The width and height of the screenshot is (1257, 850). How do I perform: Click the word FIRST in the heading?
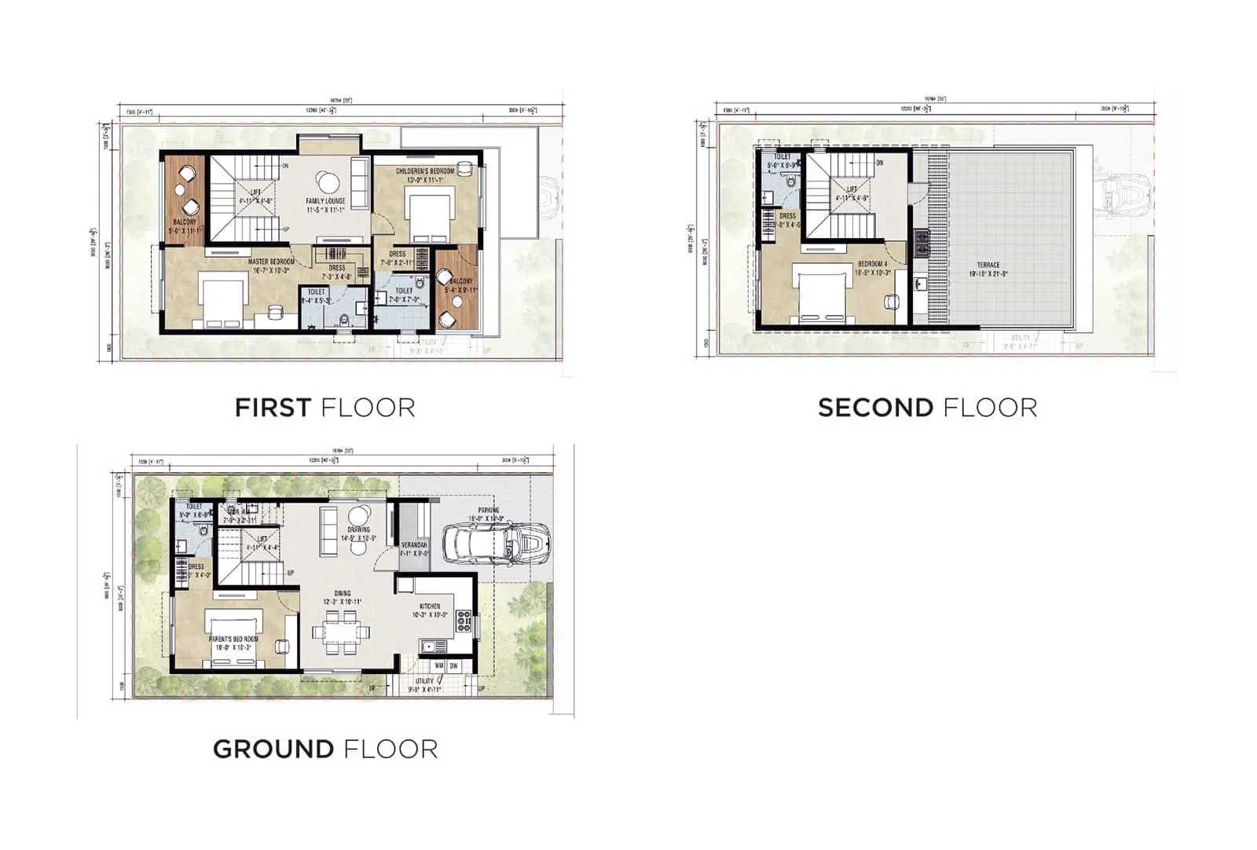pos(272,408)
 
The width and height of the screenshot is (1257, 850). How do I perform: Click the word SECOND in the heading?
pos(875,408)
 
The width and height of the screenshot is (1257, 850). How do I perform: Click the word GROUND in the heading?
pos(273,749)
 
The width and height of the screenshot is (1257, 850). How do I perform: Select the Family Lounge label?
pos(325,205)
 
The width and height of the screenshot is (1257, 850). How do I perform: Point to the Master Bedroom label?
pos(271,266)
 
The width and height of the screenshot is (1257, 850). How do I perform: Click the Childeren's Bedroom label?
pos(424,175)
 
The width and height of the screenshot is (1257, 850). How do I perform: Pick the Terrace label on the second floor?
pos(988,269)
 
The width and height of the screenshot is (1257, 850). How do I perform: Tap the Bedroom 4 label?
pos(873,268)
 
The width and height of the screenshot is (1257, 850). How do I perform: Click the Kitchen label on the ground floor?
pos(430,610)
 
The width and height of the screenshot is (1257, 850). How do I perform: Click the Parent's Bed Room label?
pos(233,643)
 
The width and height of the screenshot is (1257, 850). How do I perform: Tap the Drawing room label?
pos(358,534)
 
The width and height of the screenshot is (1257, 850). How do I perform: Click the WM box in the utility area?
pos(438,666)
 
